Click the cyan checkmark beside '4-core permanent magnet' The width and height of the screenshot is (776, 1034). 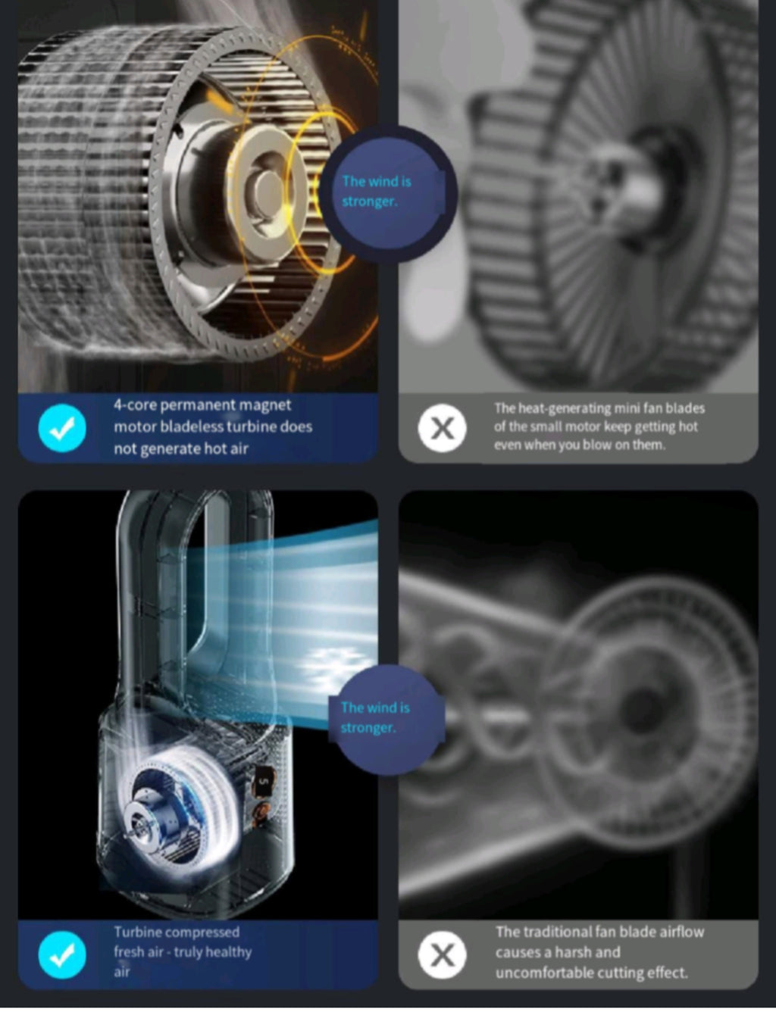(x=62, y=428)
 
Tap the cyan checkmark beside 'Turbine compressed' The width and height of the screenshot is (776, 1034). (x=62, y=955)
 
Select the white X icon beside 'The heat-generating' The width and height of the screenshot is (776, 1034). (x=442, y=428)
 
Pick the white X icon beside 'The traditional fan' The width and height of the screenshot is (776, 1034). (x=442, y=955)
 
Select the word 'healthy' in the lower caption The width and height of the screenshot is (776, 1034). (x=229, y=952)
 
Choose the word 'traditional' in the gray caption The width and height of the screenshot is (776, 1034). (x=556, y=932)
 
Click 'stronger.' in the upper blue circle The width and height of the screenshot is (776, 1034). (x=369, y=201)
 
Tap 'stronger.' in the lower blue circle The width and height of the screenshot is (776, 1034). (x=368, y=728)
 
